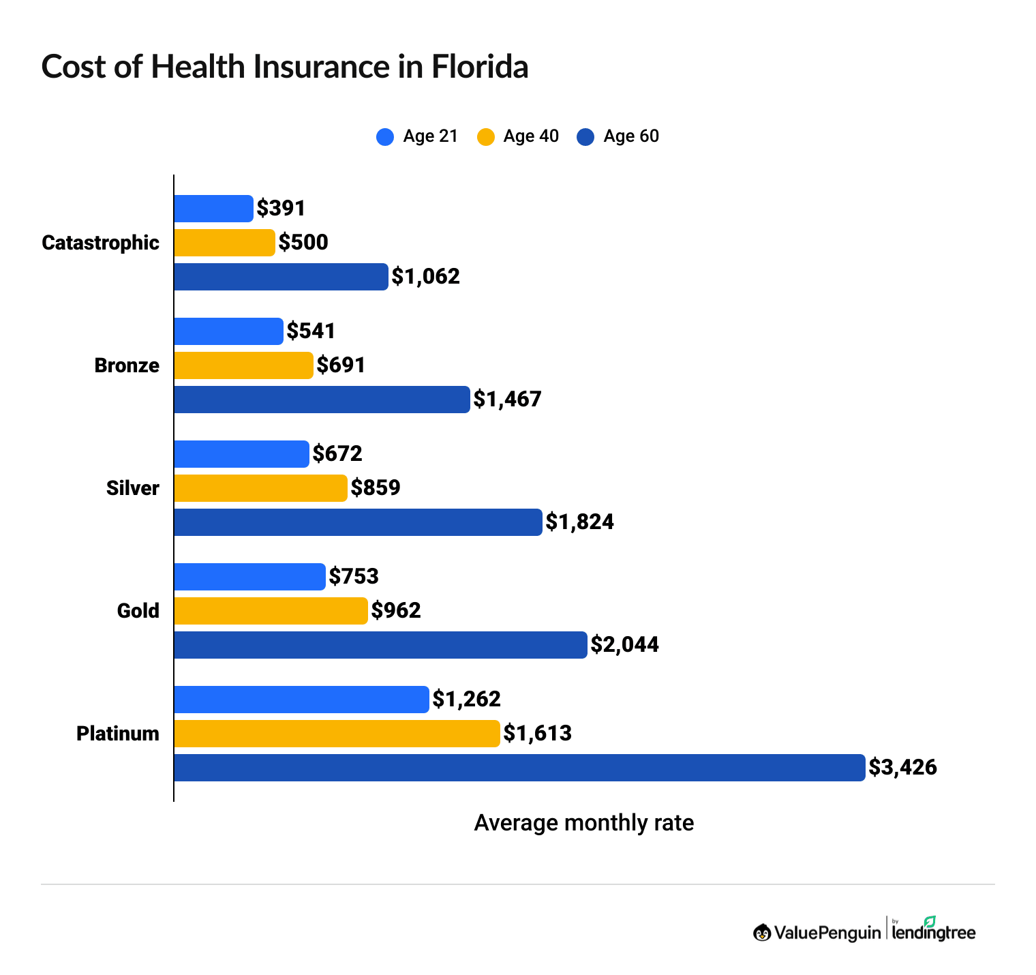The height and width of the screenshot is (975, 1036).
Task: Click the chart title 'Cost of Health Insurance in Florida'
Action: point(285,67)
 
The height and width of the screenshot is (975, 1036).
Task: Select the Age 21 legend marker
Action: point(385,137)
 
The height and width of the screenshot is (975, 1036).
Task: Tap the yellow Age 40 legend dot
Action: point(485,137)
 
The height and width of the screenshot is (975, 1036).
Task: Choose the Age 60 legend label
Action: point(631,136)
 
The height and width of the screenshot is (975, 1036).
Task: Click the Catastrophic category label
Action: point(100,243)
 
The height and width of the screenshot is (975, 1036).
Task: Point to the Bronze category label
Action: point(127,365)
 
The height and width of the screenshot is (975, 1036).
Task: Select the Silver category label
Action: point(132,488)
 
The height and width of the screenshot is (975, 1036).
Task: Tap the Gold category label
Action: point(138,611)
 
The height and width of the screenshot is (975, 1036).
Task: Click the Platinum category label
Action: point(118,734)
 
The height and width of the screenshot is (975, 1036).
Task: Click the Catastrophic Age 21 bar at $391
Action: point(213,209)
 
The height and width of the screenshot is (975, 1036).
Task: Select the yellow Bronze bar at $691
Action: point(243,365)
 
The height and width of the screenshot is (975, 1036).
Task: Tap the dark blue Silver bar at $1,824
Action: point(358,522)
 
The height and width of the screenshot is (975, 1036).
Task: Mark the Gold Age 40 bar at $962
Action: point(271,611)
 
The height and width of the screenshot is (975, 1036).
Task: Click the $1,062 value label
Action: point(425,277)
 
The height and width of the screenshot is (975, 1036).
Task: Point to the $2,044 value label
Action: point(624,645)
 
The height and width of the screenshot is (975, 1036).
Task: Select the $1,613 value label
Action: point(537,734)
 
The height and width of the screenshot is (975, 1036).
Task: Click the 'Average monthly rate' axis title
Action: point(583,823)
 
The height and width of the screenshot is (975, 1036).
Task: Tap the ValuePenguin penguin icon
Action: point(762,932)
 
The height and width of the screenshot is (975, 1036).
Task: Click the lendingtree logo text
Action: point(933,932)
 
